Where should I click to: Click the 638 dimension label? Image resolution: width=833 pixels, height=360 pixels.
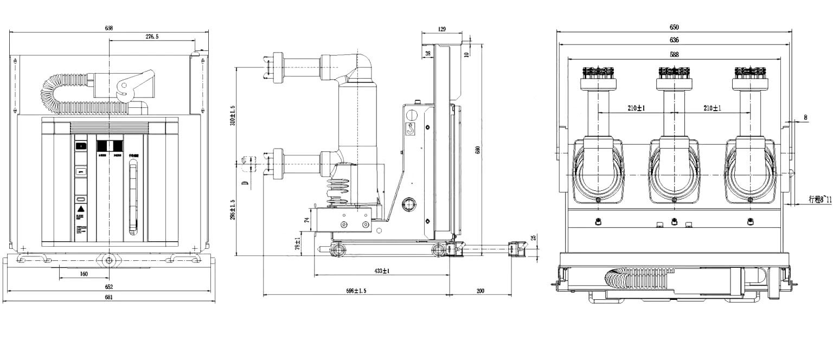tap(109, 28)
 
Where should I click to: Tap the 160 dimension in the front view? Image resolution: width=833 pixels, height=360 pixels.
tap(83, 274)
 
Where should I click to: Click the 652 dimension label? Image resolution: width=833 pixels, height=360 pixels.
tap(109, 287)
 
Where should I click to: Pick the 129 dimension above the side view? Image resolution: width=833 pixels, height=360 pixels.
tap(442, 28)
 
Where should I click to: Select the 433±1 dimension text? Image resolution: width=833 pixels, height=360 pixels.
tap(382, 271)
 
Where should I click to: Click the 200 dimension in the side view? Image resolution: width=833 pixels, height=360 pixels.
tap(480, 291)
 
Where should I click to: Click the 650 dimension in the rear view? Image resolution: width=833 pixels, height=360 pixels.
tap(674, 27)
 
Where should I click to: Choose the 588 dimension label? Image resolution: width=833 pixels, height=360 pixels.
tap(674, 54)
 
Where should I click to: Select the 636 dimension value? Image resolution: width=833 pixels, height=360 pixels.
tap(674, 40)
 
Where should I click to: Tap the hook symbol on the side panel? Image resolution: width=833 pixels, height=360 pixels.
tap(411, 130)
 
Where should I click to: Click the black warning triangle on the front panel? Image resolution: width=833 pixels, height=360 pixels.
tap(80, 209)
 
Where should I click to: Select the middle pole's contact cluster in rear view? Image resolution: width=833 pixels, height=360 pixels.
tap(674, 72)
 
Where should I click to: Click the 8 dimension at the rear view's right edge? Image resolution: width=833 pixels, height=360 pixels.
tap(805, 117)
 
